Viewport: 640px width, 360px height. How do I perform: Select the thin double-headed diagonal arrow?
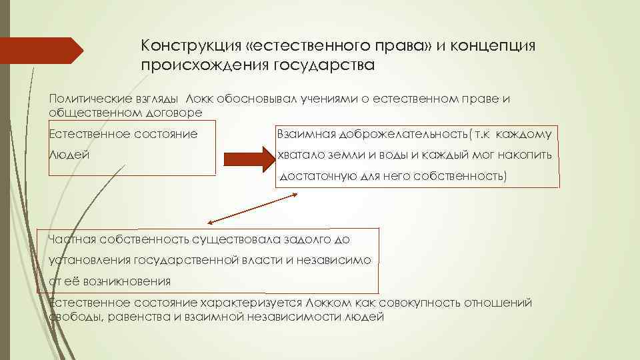click(x=253, y=208)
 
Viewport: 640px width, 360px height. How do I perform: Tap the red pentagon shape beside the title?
click(x=41, y=51)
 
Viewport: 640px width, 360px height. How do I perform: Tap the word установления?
click(x=90, y=259)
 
